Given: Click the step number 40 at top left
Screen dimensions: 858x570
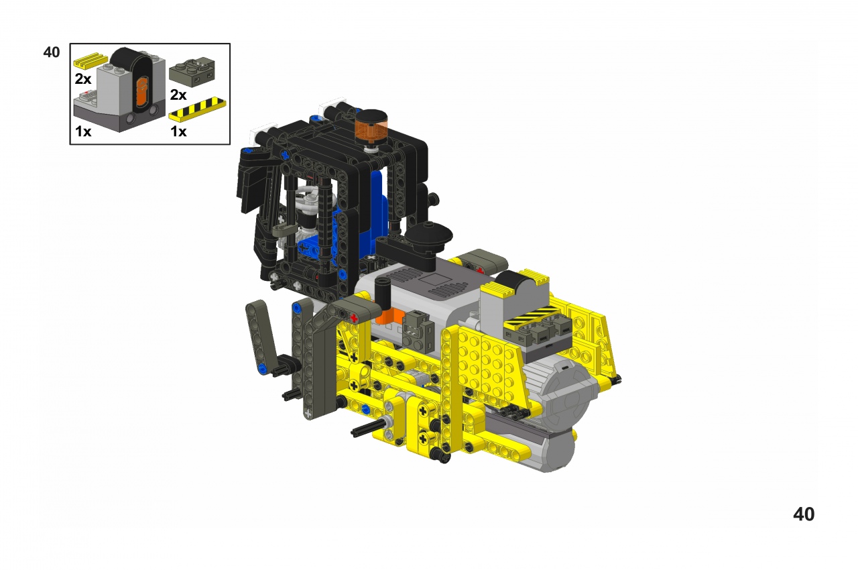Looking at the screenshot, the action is pyautogui.click(x=52, y=52).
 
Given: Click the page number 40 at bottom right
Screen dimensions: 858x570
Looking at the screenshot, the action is pyautogui.click(x=804, y=514).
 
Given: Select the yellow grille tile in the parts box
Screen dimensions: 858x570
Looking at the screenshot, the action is pyautogui.click(x=91, y=60).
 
